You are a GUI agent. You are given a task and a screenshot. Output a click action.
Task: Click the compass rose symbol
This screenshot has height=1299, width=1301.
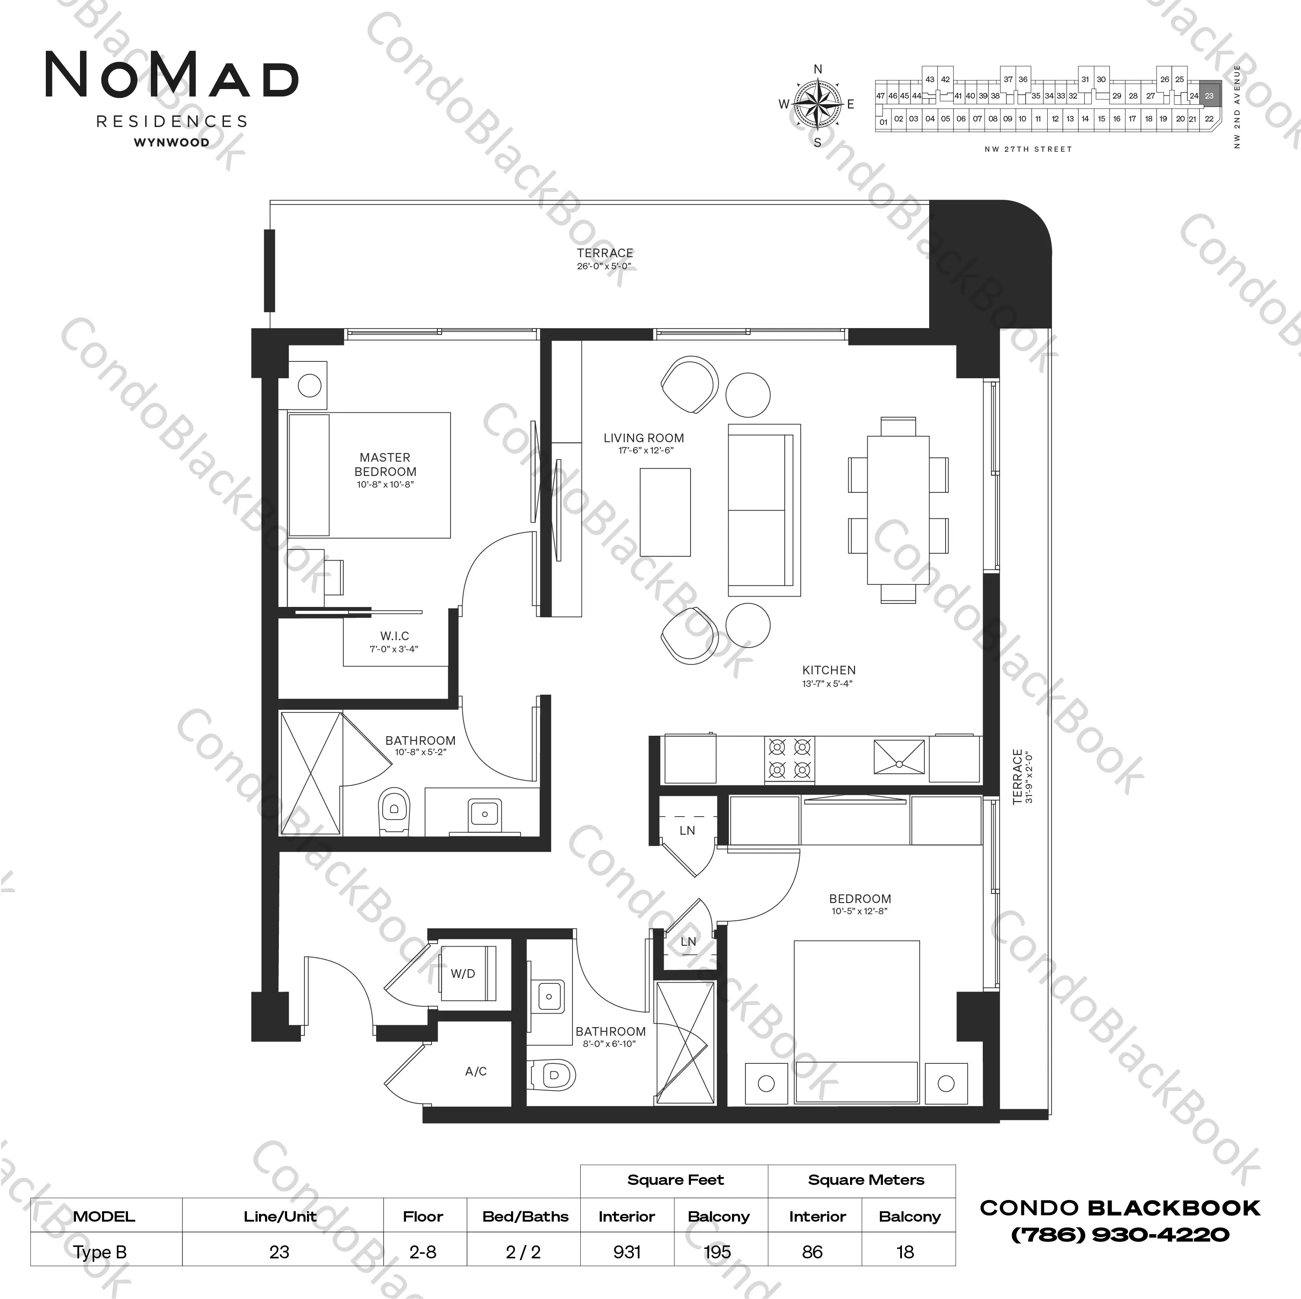click(818, 104)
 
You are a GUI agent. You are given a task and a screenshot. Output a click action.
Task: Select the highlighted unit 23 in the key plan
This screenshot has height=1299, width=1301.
click(1209, 96)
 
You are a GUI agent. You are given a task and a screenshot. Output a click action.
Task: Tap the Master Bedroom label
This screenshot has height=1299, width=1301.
click(385, 465)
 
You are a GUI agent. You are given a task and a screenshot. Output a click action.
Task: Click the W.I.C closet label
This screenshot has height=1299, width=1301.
click(395, 636)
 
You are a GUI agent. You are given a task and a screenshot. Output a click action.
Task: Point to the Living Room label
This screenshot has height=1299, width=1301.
click(644, 438)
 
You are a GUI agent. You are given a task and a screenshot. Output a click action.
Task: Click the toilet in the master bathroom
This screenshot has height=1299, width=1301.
click(395, 811)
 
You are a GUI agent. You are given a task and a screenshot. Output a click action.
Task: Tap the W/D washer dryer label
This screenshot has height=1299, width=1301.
click(463, 974)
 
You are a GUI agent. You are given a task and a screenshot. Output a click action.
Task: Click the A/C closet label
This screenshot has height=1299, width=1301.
click(476, 1071)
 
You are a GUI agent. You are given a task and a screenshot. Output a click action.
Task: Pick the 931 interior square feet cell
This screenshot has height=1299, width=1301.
click(627, 1252)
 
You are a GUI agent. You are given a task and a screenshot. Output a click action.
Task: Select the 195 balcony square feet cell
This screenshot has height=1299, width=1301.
click(718, 1252)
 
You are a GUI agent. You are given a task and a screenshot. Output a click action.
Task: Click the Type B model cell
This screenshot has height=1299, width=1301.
click(100, 1252)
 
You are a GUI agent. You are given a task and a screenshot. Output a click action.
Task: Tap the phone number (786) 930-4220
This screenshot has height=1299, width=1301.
click(1120, 1234)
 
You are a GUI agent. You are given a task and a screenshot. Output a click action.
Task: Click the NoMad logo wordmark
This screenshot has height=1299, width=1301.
click(172, 75)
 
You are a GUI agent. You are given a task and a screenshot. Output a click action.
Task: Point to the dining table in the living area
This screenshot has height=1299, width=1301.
click(898, 510)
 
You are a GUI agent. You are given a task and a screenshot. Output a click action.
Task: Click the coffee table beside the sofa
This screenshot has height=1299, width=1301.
click(665, 512)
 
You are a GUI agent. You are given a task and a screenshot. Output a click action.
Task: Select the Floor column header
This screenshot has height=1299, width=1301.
click(423, 1216)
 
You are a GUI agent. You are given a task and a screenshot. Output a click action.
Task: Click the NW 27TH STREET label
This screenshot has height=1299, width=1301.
click(1028, 149)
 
